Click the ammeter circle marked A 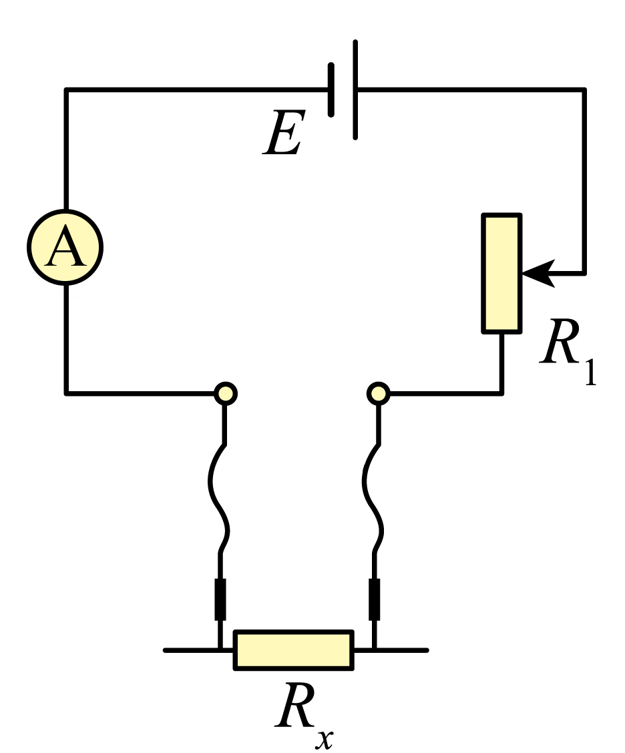pos(65,247)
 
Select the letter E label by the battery pos(284,132)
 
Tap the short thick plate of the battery pos(331,90)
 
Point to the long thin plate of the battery pos(355,90)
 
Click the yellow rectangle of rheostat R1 pos(501,273)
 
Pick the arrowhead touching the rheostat pos(538,274)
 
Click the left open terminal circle pos(225,394)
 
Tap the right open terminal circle pos(378,394)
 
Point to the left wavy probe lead pos(218,499)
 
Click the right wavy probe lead pos(373,499)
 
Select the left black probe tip pos(220,599)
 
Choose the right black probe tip pos(374,599)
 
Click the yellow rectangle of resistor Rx pos(294,650)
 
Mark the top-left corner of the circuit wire pos(66,90)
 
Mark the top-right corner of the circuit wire pos(584,90)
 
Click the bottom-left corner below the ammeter pos(66,393)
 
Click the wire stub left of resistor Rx pos(198,650)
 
